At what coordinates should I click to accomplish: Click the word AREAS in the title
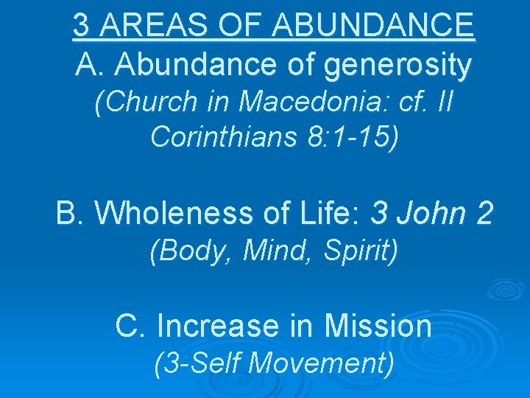pos(141,27)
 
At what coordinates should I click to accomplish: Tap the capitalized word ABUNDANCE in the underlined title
pos(373,27)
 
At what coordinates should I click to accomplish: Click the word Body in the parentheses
pos(188,252)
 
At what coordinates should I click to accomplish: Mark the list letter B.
pos(68,214)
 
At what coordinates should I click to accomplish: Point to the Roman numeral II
pos(443,103)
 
